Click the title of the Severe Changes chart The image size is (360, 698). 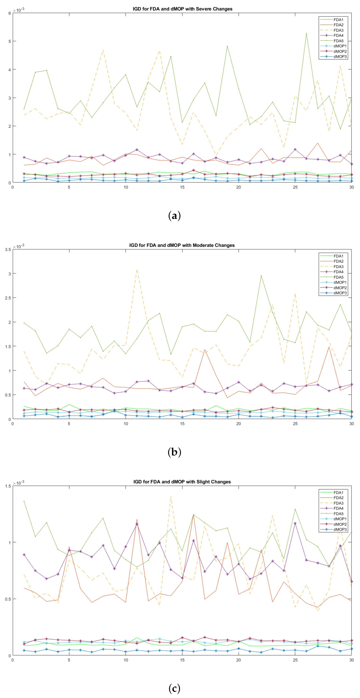pos(182,9)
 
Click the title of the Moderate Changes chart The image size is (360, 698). pos(182,245)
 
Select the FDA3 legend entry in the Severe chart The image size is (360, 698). pos(338,30)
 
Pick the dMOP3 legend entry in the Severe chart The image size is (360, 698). pos(340,57)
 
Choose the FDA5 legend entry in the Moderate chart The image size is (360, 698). pos(338,277)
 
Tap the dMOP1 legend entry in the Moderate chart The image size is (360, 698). pos(340,282)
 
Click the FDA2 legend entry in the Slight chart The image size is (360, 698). pos(338,498)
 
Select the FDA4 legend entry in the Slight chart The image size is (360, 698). pos(338,508)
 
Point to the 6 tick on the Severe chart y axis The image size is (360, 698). pos(10,13)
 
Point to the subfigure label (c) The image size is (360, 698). pos(174,688)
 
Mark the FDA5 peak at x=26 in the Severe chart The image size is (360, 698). pos(306,33)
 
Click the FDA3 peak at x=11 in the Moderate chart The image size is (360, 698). pos(137,270)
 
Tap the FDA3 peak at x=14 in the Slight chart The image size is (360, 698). pos(171,496)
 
